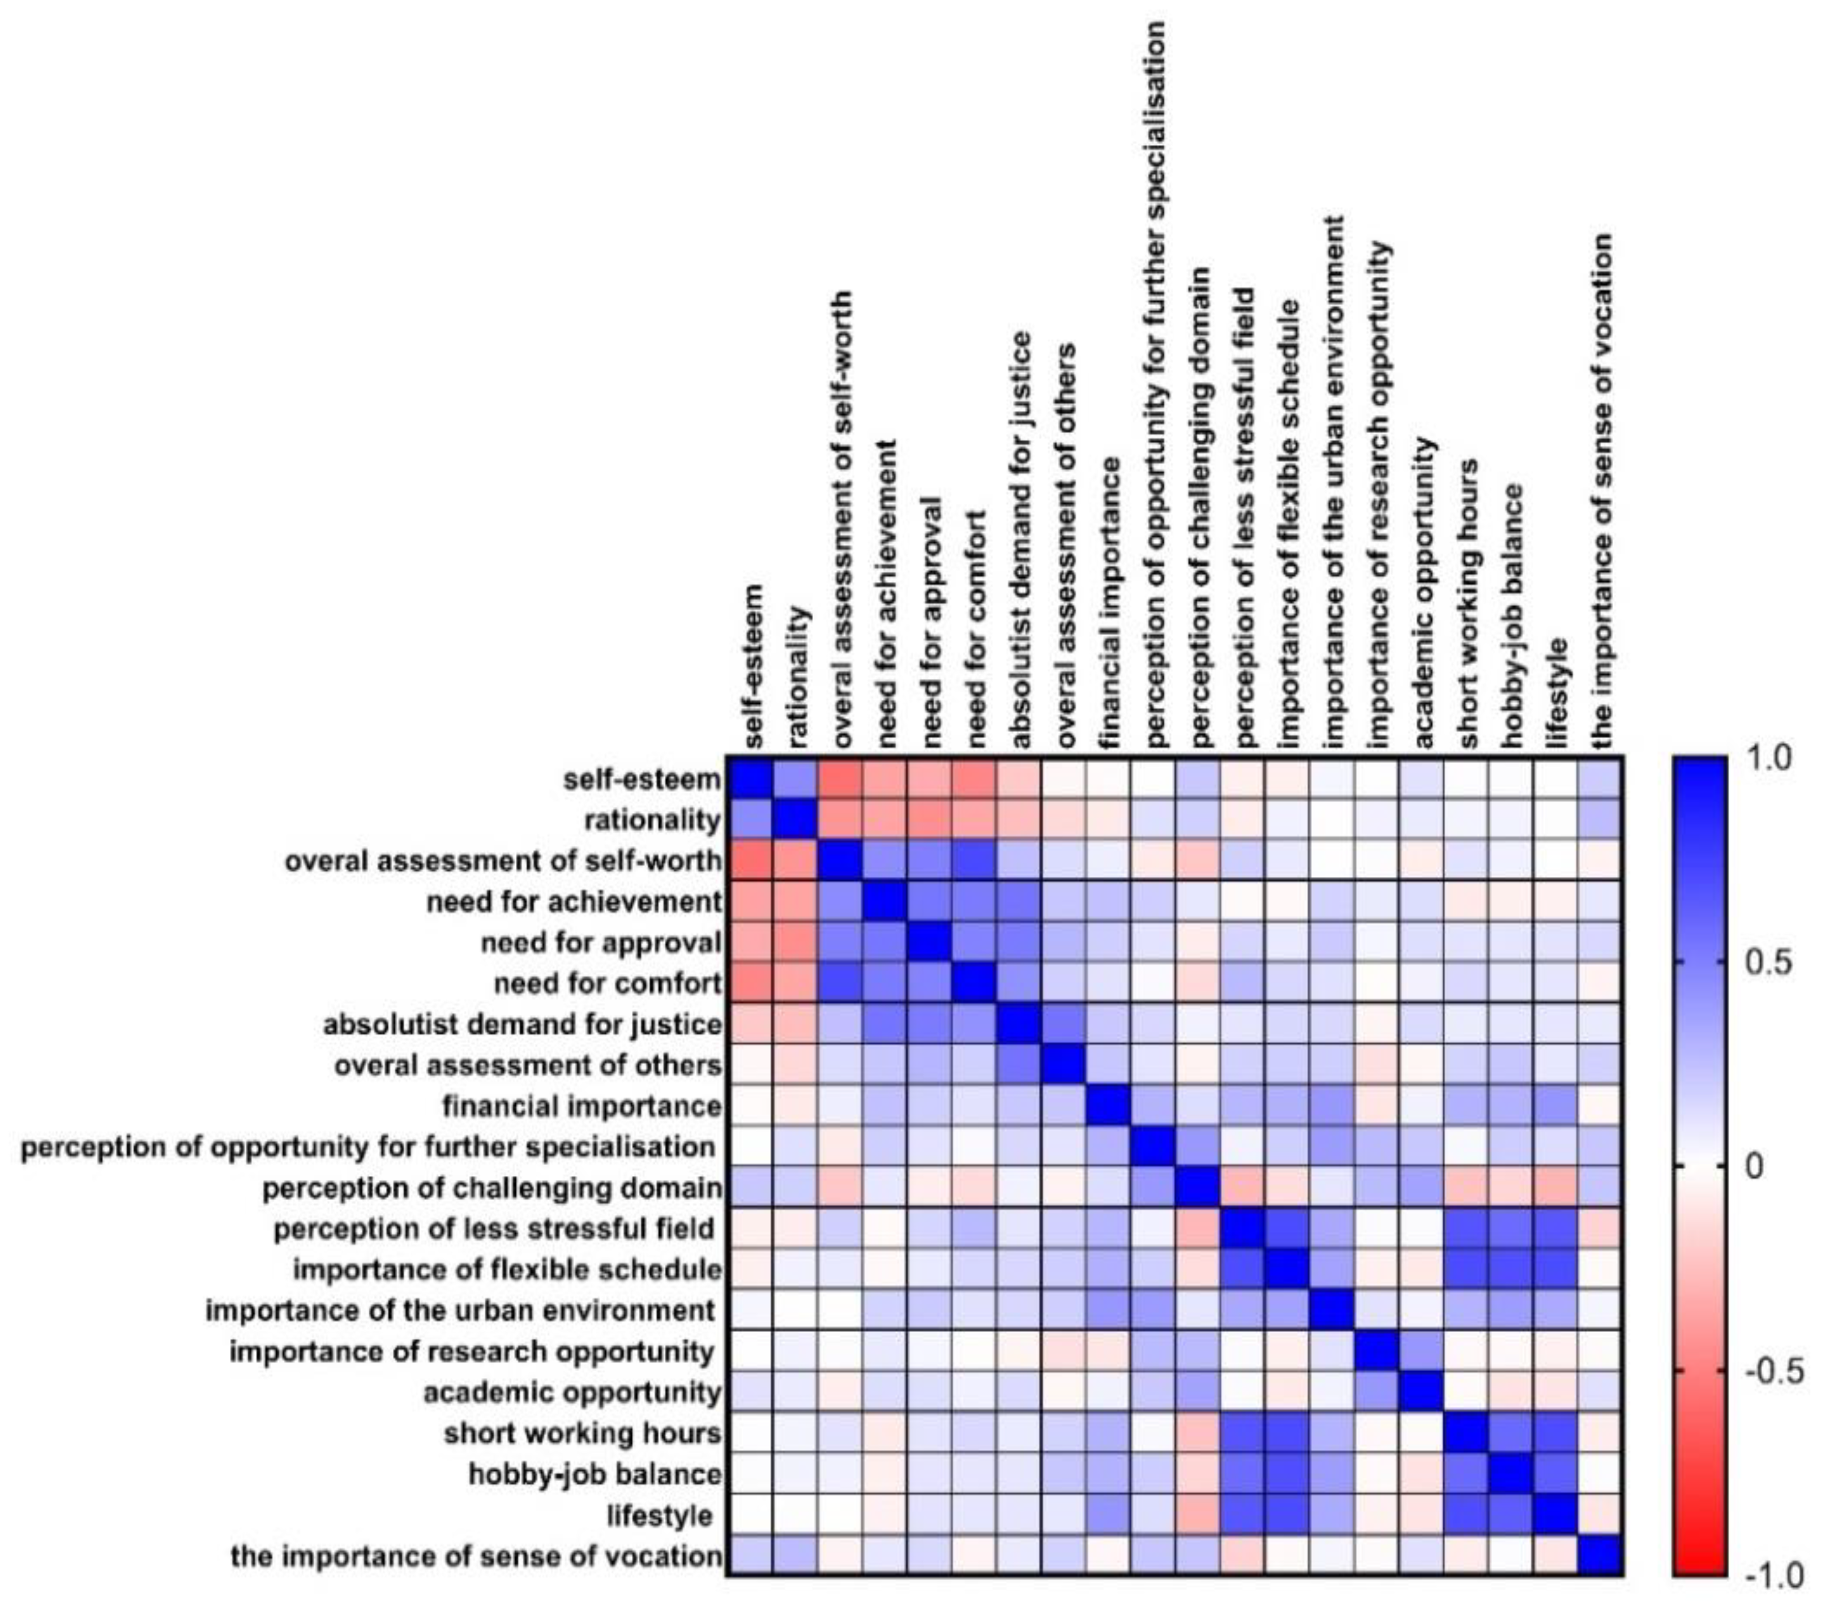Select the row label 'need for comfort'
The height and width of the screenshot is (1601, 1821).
pos(608,983)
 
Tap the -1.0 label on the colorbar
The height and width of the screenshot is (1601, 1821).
pos(1773,1575)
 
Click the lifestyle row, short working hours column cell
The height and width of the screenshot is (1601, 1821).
pos(1467,1514)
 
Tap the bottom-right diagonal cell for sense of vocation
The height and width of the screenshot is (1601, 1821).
pos(1601,1556)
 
